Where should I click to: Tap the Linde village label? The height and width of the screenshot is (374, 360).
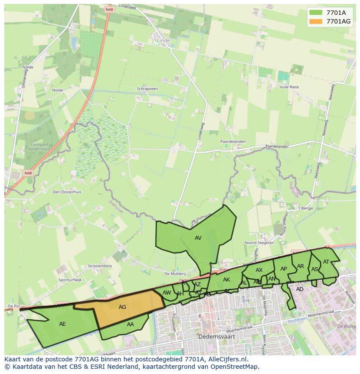163,41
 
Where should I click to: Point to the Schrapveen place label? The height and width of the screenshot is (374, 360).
147,89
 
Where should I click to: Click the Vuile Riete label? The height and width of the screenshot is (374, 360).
289,87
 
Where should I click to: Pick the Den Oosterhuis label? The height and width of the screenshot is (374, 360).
67,192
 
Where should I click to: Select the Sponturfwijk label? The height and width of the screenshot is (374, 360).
70,280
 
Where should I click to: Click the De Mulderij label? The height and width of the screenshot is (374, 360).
175,274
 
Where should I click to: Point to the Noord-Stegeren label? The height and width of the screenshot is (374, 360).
259,243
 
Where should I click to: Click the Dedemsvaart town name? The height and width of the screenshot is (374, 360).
213,336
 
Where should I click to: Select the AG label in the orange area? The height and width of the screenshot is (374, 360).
122,307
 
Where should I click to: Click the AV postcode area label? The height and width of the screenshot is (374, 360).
198,238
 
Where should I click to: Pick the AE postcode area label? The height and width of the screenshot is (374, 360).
62,324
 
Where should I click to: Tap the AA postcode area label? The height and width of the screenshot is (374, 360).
130,324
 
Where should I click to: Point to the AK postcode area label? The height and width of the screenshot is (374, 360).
226,280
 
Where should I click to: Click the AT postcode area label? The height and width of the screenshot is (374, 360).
326,261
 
